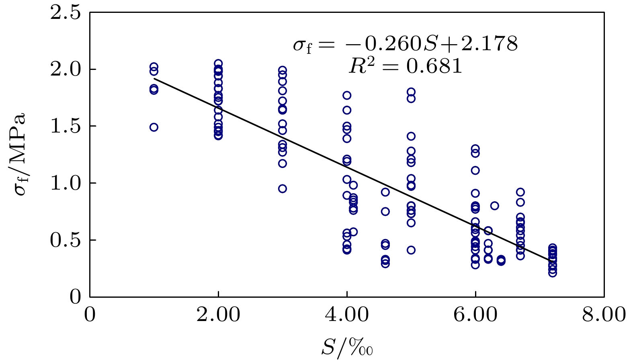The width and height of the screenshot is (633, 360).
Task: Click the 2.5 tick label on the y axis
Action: point(65,13)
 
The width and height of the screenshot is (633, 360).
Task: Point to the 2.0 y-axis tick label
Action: point(65,70)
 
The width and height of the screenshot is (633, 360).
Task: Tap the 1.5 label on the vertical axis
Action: point(65,127)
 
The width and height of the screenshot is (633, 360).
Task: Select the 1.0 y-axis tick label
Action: point(65,183)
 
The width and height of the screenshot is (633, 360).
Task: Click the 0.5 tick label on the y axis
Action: point(65,240)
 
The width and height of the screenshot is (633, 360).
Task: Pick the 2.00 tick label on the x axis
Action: point(218,315)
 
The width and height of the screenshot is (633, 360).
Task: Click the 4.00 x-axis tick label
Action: point(346,315)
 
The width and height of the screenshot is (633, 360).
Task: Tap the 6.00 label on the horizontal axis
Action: point(475,315)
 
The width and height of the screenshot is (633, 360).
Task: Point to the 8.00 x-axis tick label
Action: point(604,315)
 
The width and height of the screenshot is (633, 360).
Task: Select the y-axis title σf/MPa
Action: point(19,155)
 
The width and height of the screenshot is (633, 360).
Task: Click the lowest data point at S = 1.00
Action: point(154,127)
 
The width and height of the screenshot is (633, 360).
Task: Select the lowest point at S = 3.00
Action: point(283,189)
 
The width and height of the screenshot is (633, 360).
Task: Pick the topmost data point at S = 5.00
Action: point(411,92)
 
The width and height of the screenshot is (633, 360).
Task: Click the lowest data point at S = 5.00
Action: point(411,250)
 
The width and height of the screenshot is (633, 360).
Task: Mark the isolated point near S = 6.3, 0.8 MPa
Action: point(495,206)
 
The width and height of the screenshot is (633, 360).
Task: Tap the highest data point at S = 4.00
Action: point(347,96)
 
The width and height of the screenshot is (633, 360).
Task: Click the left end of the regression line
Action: point(154,79)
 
